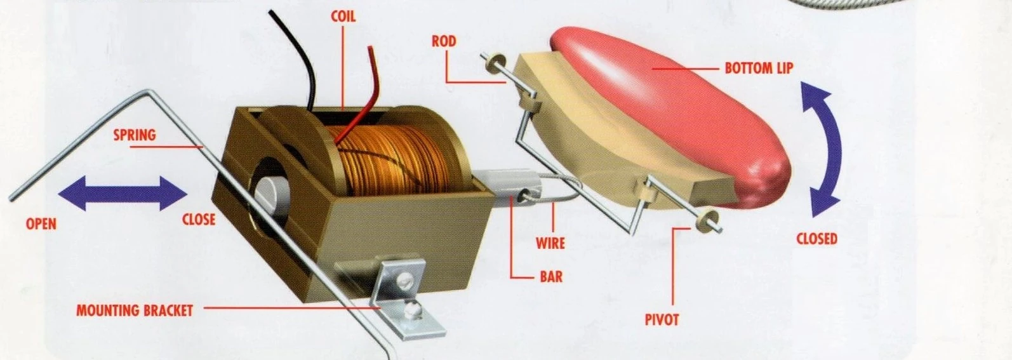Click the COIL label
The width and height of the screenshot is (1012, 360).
[343, 16]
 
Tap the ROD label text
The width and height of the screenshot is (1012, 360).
[444, 41]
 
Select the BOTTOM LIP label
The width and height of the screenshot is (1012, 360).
[759, 68]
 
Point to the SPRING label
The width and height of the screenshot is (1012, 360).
[134, 135]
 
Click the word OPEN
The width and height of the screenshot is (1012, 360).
[41, 223]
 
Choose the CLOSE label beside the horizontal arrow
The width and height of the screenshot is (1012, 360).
[199, 220]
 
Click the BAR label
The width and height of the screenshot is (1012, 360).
[550, 277]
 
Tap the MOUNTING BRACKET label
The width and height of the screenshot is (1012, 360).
[134, 310]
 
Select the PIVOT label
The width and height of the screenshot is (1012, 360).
[662, 319]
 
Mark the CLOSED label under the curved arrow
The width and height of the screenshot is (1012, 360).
[816, 239]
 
